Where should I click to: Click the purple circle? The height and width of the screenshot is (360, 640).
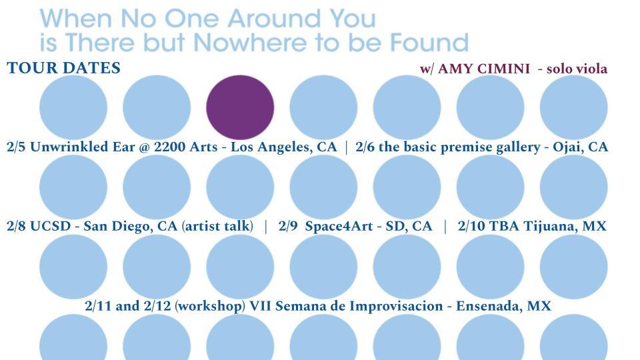click(x=240, y=107)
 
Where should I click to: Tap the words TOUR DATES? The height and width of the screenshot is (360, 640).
click(x=64, y=68)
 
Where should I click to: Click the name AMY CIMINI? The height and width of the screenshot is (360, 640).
click(x=484, y=69)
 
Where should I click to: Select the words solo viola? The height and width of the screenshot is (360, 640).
click(x=577, y=69)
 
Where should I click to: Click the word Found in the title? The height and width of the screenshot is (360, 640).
click(x=429, y=42)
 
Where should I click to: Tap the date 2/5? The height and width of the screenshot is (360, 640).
click(x=16, y=147)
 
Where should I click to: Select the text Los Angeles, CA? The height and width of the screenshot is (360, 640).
click(x=284, y=147)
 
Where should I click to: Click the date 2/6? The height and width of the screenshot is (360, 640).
click(x=365, y=147)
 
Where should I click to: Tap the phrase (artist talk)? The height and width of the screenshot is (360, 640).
click(x=217, y=226)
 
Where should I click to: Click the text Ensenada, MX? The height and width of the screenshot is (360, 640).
click(x=503, y=306)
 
